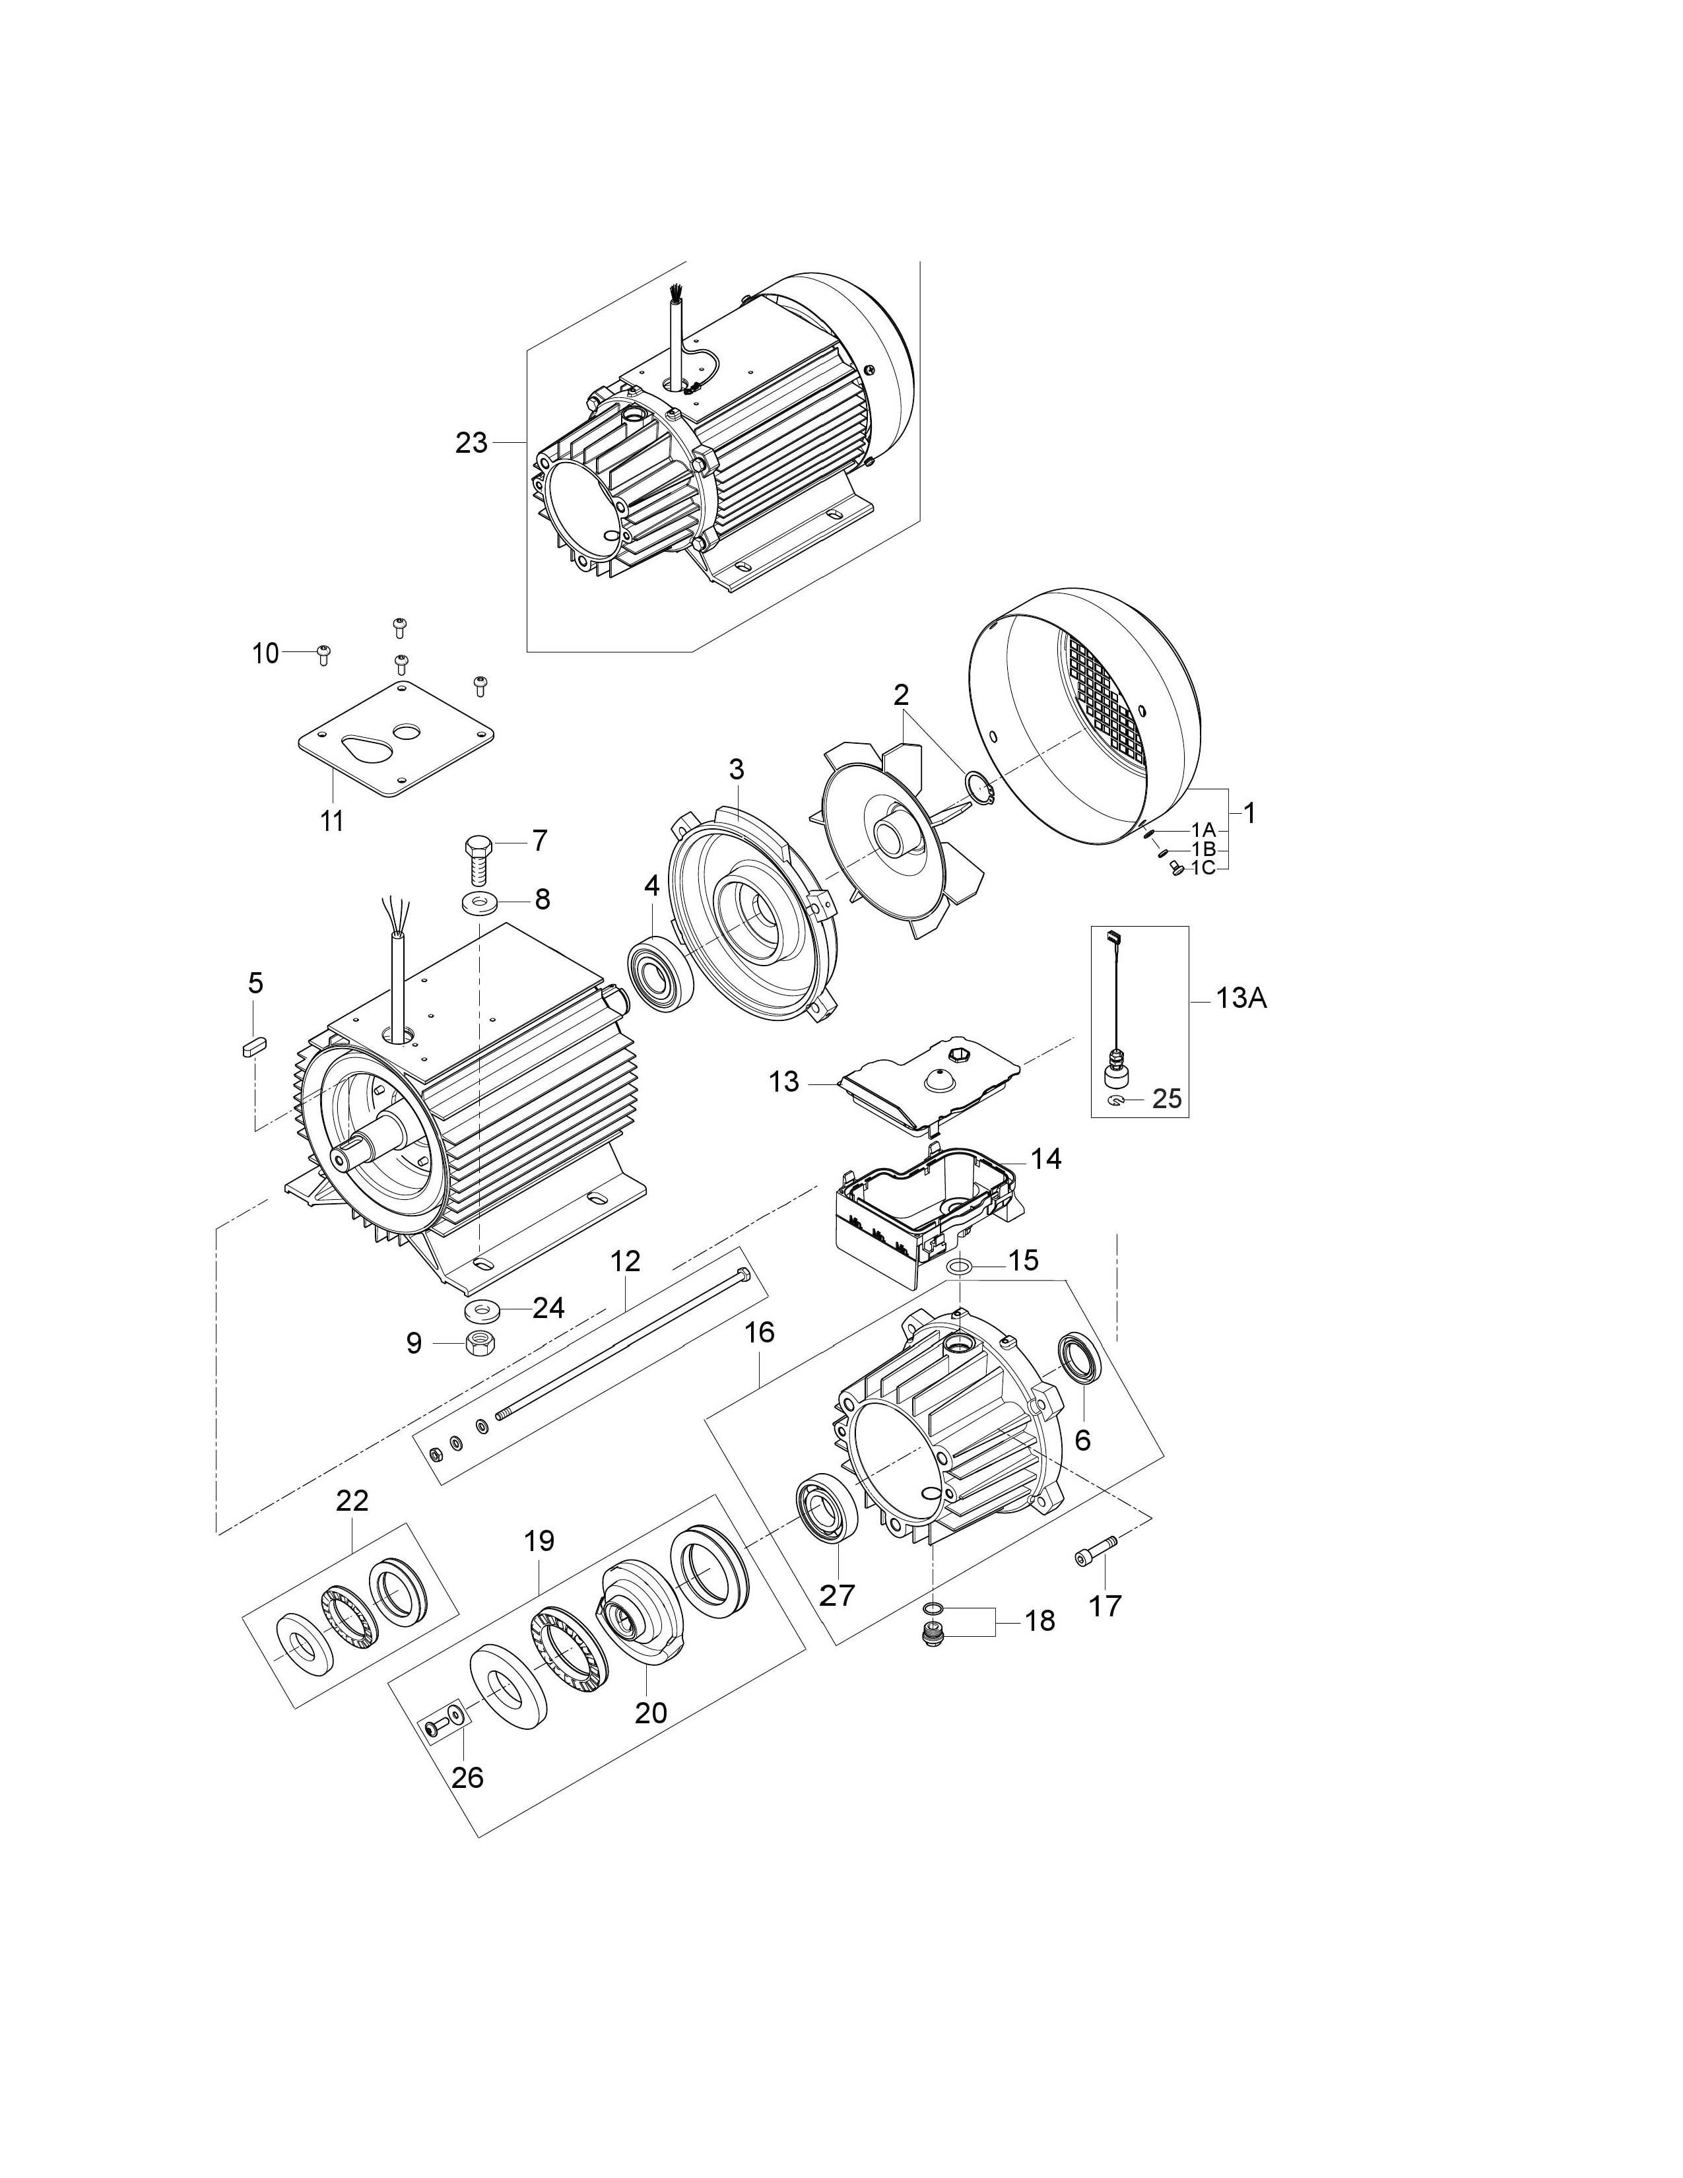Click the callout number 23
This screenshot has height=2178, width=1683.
pos(472,443)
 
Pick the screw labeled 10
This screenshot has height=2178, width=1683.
pos(323,653)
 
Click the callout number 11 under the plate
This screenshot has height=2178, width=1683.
pos(332,821)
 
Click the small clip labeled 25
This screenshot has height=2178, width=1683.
pos(1117,1100)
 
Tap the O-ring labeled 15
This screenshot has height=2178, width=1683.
pos(960,1267)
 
